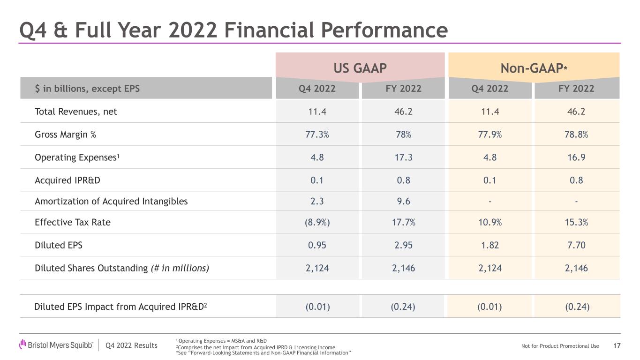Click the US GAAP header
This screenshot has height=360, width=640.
click(x=360, y=68)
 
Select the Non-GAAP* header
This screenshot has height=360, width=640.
click(x=534, y=68)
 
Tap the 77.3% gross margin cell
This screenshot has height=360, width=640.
click(x=317, y=134)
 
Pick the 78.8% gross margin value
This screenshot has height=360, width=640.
click(x=576, y=134)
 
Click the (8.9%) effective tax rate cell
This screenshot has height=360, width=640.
click(x=317, y=222)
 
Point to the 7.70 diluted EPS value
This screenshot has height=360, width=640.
click(x=576, y=245)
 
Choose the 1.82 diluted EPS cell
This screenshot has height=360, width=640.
click(x=489, y=245)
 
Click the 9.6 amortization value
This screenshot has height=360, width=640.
click(x=403, y=202)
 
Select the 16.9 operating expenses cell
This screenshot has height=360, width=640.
click(x=576, y=157)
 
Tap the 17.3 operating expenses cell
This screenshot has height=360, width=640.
click(x=403, y=157)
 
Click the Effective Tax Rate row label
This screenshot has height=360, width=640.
click(x=73, y=222)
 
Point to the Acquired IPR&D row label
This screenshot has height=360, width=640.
click(x=68, y=180)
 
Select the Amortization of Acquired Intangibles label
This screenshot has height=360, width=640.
click(x=111, y=202)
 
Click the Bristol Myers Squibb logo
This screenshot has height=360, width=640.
click(x=56, y=345)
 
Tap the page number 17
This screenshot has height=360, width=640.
click(x=617, y=346)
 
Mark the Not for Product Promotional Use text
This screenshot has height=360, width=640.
click(x=560, y=346)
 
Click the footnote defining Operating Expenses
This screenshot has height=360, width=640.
click(x=221, y=341)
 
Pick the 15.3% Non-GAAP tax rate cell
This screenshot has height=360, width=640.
click(x=576, y=222)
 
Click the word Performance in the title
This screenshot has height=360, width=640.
click(x=384, y=30)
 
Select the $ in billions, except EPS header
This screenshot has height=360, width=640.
click(x=87, y=89)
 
